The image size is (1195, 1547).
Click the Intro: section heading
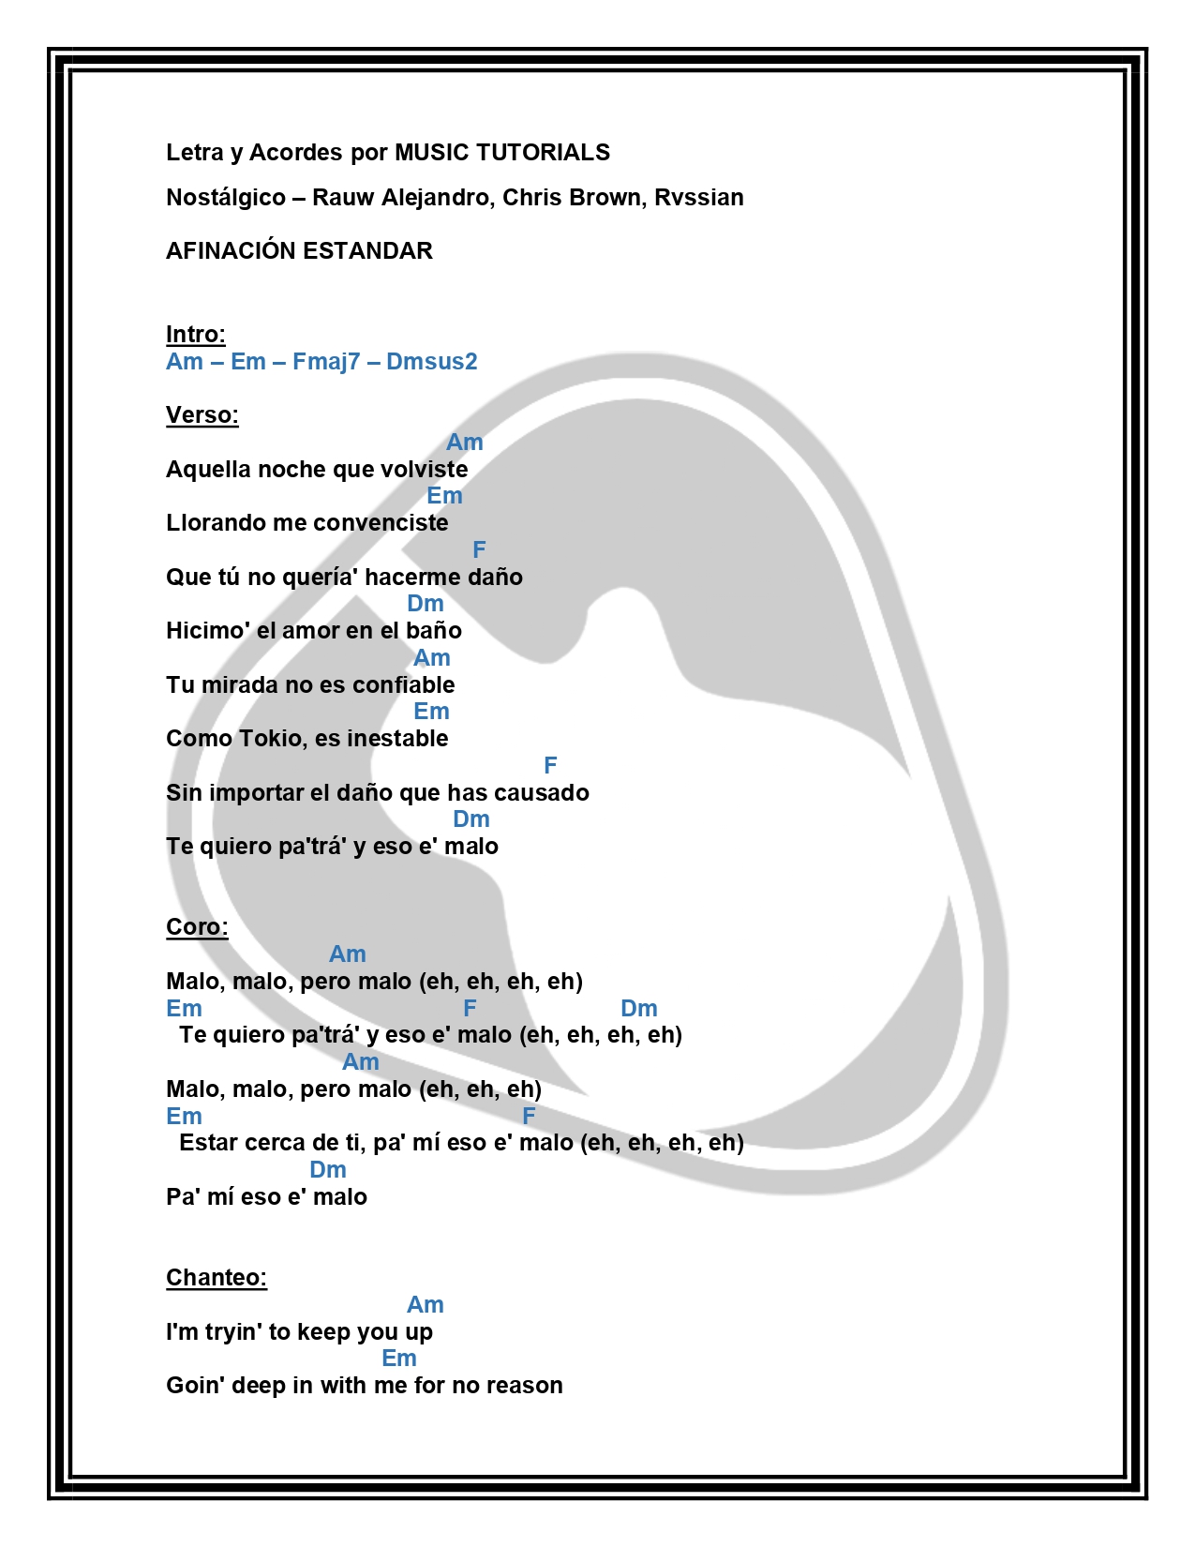[195, 335]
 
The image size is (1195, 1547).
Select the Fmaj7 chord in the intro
[325, 362]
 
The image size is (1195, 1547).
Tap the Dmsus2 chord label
[431, 362]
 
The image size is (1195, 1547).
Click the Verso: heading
[202, 415]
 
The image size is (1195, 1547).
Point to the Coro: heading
[197, 927]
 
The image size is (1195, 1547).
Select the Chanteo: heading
[216, 1278]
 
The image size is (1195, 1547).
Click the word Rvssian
[698, 198]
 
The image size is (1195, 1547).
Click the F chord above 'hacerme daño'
[479, 550]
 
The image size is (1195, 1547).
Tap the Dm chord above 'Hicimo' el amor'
[426, 604]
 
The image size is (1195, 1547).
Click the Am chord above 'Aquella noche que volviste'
[464, 443]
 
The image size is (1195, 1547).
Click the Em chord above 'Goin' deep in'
[399, 1359]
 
